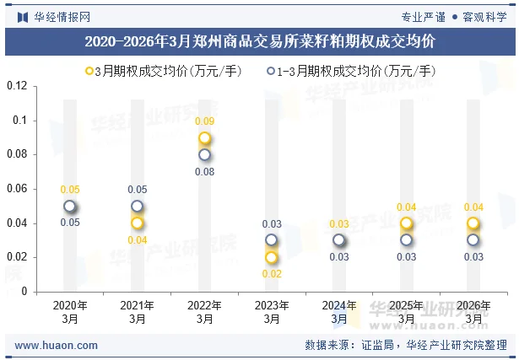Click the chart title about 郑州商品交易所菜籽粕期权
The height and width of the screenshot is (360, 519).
[260, 40]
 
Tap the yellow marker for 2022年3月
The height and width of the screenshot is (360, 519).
[205, 138]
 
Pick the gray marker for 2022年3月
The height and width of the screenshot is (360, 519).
[205, 155]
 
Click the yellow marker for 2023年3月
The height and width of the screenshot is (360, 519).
[272, 257]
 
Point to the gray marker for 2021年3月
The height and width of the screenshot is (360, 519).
[138, 207]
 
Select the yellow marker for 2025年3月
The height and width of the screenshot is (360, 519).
[407, 223]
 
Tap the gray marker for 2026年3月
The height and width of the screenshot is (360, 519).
[473, 240]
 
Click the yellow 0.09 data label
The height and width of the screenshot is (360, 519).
[205, 122]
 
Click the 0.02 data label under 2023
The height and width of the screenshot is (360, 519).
[272, 274]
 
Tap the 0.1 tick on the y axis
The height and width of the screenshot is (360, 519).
[20, 121]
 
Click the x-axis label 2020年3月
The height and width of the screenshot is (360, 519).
[70, 312]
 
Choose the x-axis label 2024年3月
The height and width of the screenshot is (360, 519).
[339, 312]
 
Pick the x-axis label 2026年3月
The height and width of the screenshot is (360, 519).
[473, 312]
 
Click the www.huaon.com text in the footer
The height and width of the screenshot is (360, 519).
[57, 346]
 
